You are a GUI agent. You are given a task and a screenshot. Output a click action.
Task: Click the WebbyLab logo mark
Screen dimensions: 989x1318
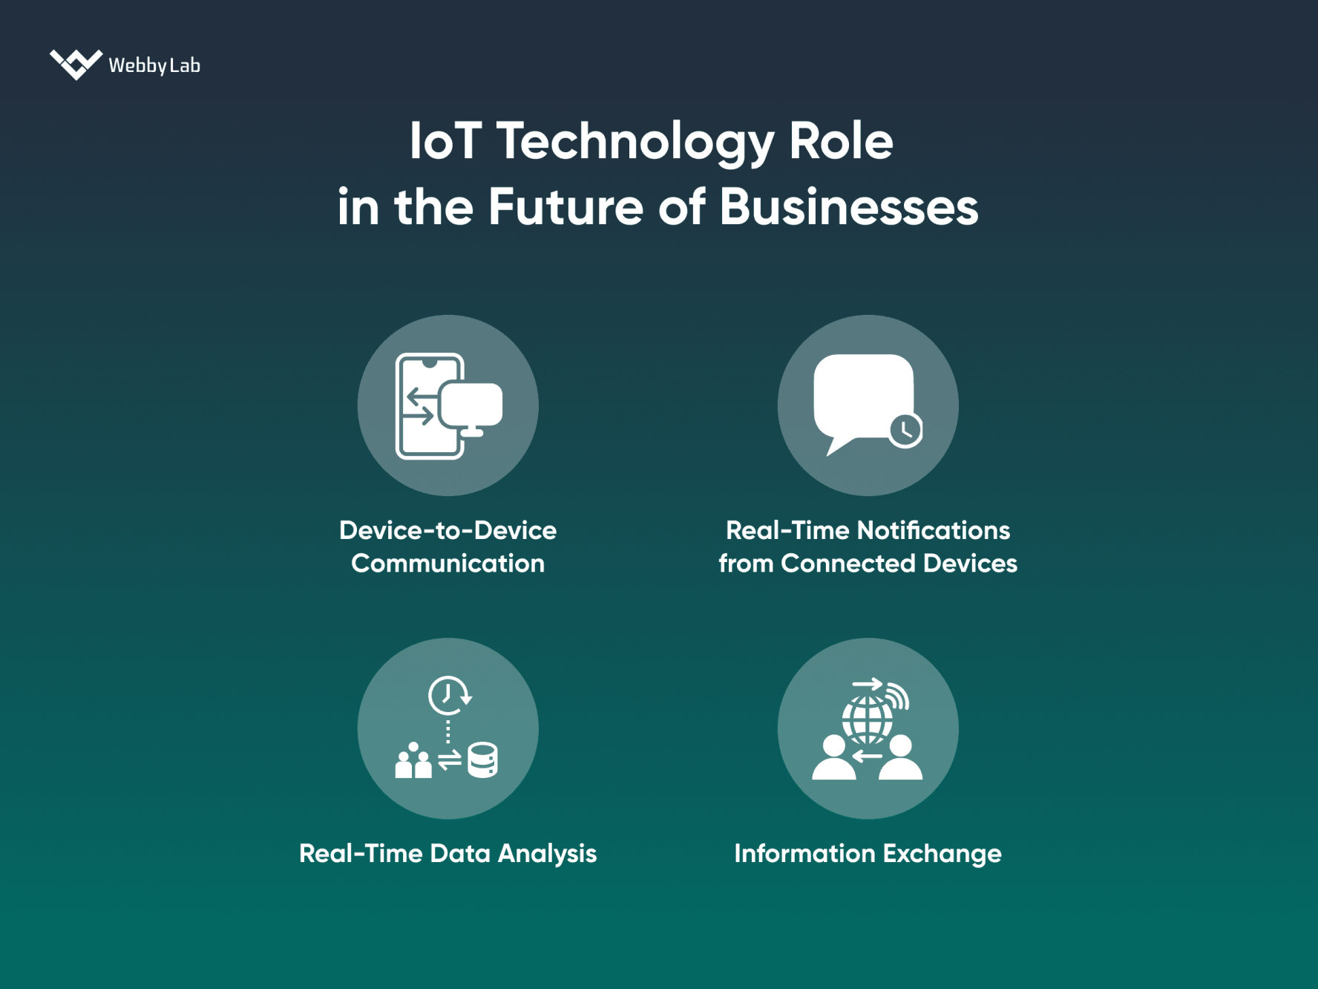(76, 65)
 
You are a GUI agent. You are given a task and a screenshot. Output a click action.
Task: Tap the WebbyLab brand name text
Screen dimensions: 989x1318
(154, 65)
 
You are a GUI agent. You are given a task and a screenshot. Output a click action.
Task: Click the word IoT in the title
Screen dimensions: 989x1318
(445, 141)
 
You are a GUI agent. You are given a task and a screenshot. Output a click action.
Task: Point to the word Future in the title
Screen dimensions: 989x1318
(565, 207)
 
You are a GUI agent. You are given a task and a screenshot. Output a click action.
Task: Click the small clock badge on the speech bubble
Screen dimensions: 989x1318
(905, 430)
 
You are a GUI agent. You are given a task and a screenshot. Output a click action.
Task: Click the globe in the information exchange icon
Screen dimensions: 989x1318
(866, 718)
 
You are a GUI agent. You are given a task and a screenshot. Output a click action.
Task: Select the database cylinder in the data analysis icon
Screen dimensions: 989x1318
(482, 760)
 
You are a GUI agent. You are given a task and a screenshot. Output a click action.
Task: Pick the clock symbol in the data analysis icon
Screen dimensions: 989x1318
(447, 695)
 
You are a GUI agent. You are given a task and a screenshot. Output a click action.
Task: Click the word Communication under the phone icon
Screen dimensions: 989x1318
(447, 564)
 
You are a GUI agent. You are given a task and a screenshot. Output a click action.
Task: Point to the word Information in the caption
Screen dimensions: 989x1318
(804, 854)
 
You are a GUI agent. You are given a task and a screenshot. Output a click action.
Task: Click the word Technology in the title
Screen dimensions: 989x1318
(635, 141)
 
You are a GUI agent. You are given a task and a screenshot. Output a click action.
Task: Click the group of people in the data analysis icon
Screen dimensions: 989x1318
(413, 761)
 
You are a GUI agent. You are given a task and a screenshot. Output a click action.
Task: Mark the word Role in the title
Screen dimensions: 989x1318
(841, 141)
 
